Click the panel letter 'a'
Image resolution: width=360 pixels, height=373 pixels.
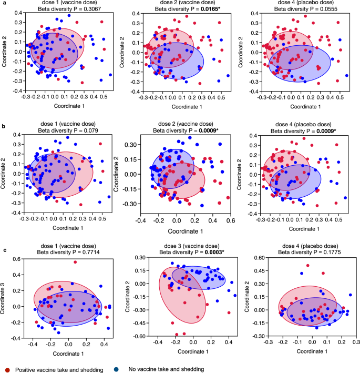(3, 3)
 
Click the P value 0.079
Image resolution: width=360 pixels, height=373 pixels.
(86, 132)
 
